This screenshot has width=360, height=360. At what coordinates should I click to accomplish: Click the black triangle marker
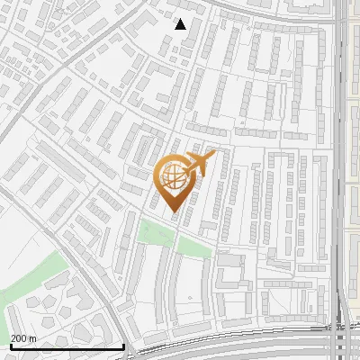point(180,23)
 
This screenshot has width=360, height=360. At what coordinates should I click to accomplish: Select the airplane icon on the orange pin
point(199,164)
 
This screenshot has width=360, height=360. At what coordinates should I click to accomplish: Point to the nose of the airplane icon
point(212,156)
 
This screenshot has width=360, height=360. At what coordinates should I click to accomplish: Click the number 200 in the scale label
point(20,338)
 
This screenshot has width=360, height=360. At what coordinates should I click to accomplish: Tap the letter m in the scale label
point(32,338)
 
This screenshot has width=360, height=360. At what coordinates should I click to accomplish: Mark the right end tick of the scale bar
point(123,345)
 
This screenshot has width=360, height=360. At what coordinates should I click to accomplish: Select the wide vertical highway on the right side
point(340,135)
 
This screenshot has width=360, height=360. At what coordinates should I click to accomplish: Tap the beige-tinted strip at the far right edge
point(354,180)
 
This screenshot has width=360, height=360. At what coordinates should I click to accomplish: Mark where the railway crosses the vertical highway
point(340,340)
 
